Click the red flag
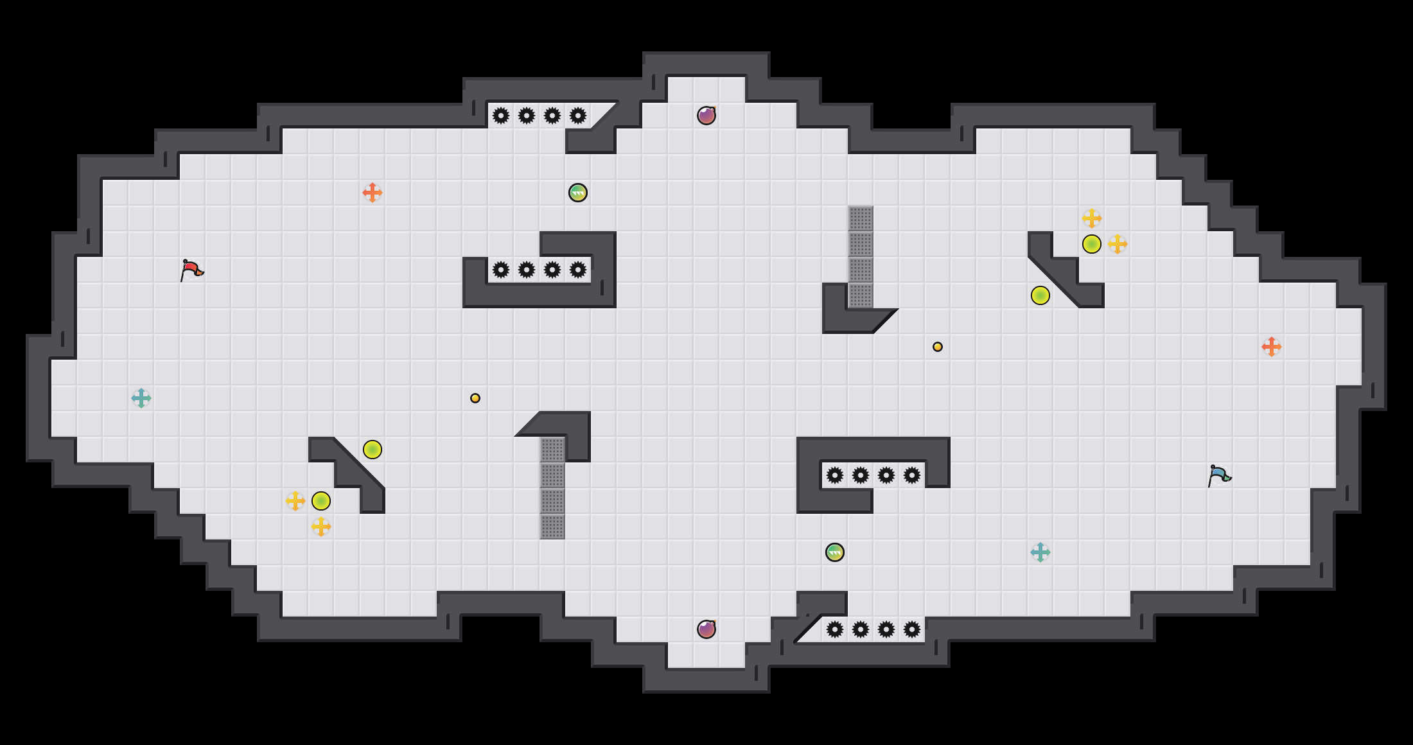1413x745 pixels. tap(191, 270)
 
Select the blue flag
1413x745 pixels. tap(1219, 475)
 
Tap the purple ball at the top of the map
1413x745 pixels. tap(706, 116)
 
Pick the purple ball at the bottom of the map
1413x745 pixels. tap(706, 629)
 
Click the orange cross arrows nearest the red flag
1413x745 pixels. tap(373, 193)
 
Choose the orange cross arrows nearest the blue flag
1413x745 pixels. tap(1272, 347)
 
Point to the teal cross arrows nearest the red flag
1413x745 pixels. tap(141, 398)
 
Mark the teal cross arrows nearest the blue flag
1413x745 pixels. tap(1040, 552)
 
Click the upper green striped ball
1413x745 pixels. tap(578, 193)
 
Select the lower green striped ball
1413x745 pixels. tap(835, 552)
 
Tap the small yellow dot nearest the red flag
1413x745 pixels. tap(475, 398)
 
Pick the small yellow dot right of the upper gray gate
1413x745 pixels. tap(938, 347)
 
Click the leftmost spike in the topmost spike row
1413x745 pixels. tap(501, 116)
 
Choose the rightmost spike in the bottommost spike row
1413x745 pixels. tap(912, 629)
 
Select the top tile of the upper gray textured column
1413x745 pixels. tap(861, 218)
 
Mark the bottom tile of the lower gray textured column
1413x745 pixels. tap(552, 527)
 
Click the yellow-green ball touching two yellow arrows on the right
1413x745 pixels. tap(1092, 244)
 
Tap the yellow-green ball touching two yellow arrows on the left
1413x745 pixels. tap(321, 501)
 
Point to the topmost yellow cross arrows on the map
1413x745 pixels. tap(1092, 218)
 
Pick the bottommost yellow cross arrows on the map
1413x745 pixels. tap(321, 527)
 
